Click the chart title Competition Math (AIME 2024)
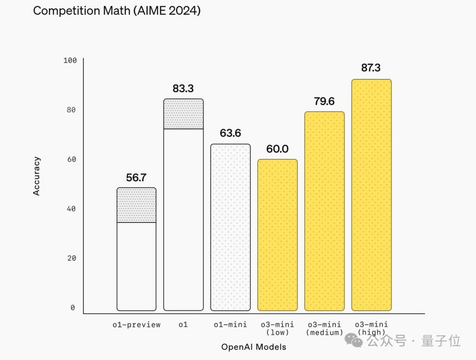tap(117, 11)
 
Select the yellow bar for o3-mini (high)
tap(372, 195)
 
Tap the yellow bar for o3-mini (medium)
tap(324, 211)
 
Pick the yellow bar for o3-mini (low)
tap(277, 235)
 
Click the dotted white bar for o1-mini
tap(231, 227)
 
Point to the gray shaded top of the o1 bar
tap(183, 114)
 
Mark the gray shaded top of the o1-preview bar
tap(136, 205)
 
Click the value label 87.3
tap(371, 67)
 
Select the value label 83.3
tap(183, 88)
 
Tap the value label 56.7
tap(136, 178)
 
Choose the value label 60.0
tap(277, 149)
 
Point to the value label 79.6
tap(324, 101)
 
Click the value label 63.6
tap(230, 133)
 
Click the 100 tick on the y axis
tap(69, 60)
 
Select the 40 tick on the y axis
tap(71, 209)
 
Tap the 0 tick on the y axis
tap(73, 307)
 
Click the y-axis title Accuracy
tap(37, 176)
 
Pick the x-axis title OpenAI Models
tap(253, 347)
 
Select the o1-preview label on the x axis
tap(136, 324)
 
